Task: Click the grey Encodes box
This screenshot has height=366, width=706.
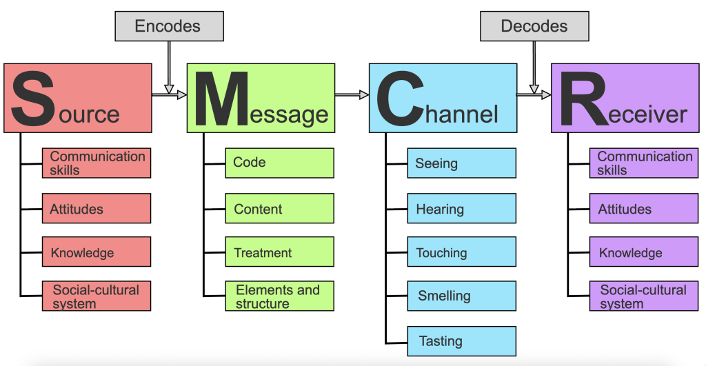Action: tap(168, 27)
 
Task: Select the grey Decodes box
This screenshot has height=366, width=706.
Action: tap(534, 27)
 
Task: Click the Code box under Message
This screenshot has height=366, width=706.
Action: tap(279, 163)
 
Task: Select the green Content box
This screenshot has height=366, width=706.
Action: tap(279, 208)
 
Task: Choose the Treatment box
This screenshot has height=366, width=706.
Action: tap(279, 252)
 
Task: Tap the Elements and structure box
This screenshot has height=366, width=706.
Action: tap(279, 296)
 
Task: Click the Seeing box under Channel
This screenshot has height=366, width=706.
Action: tap(461, 163)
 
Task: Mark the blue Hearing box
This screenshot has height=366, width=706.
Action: tap(461, 208)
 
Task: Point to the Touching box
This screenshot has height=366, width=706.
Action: tap(461, 252)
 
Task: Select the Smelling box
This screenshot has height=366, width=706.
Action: tap(461, 296)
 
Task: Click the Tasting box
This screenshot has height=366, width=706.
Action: tap(461, 341)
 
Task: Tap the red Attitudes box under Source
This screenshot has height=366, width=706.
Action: tap(96, 208)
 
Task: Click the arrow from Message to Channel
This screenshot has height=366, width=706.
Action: tap(352, 95)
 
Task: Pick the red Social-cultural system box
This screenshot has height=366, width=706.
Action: tap(96, 296)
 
